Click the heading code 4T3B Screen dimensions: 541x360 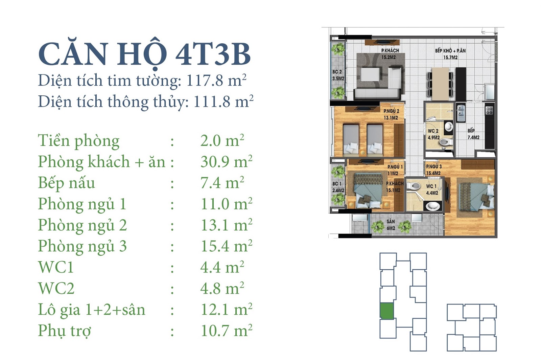[x=213, y=54]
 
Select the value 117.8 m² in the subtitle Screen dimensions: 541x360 [x=216, y=80]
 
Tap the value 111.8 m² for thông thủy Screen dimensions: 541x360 [x=224, y=101]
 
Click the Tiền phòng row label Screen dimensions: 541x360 [x=79, y=141]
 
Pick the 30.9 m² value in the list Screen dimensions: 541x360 [x=226, y=161]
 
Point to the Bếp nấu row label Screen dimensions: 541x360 [x=67, y=183]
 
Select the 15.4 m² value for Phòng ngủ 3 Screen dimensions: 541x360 [x=226, y=246]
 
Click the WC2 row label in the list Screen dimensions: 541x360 [x=56, y=288]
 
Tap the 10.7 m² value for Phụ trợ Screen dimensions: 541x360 [x=226, y=331]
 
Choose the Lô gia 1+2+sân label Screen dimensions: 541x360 [x=92, y=310]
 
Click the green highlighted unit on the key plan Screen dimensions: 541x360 [x=387, y=311]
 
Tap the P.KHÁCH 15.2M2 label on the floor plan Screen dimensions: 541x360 [x=390, y=54]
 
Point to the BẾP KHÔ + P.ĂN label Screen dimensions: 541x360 [x=450, y=51]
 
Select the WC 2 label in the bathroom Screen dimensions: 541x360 [x=433, y=131]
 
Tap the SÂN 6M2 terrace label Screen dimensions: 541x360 [x=391, y=225]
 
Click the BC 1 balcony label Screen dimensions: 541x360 [x=337, y=184]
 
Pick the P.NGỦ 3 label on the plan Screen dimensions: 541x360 [x=434, y=166]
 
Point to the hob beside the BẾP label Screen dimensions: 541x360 [x=489, y=111]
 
